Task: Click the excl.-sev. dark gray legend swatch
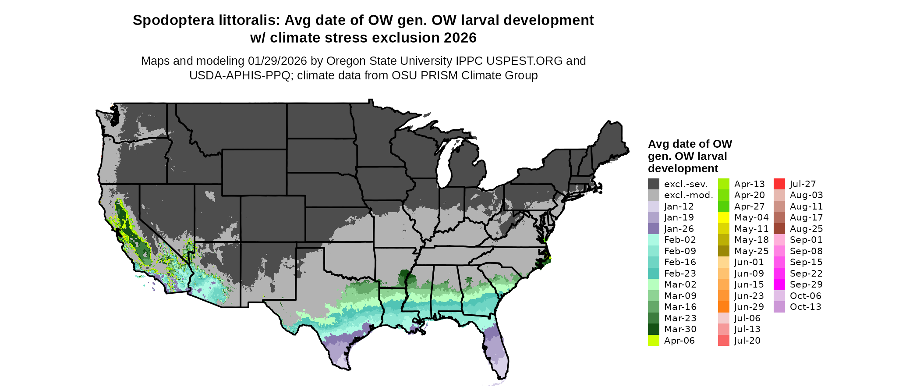point(653,184)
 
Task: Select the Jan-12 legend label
point(679,206)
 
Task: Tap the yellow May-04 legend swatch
point(723,217)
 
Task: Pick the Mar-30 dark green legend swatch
point(653,329)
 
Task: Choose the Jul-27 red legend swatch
point(779,184)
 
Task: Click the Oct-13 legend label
point(805,307)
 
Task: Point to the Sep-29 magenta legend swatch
point(779,284)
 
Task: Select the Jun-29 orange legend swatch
point(723,307)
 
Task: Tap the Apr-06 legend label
point(679,341)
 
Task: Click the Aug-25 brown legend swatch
point(779,229)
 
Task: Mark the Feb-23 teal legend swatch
point(653,274)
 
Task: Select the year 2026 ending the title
point(460,38)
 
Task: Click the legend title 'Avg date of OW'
point(690,144)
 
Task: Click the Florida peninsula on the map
point(497,351)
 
